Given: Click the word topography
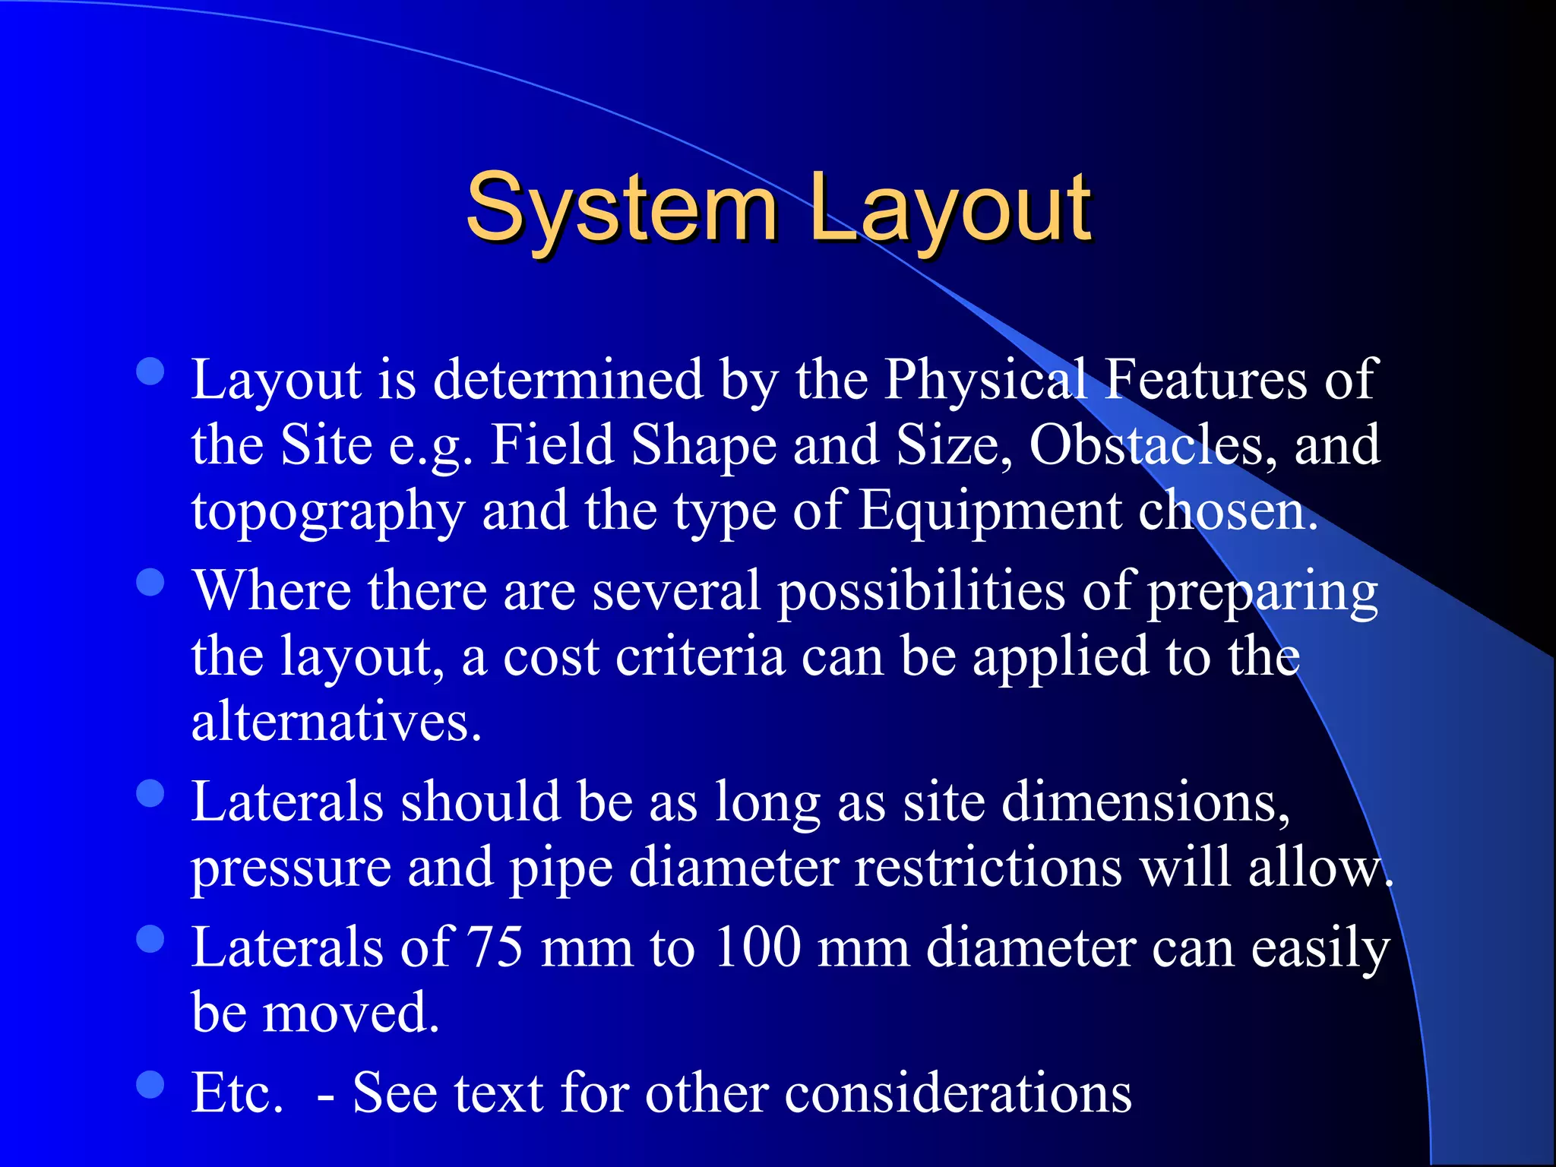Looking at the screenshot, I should pyautogui.click(x=327, y=511).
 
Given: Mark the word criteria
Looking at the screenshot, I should pyautogui.click(x=700, y=656).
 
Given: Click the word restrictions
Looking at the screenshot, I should pyautogui.click(x=988, y=868).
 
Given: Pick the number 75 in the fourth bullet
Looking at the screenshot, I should pyautogui.click(x=495, y=947).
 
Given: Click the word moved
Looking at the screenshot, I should pyautogui.click(x=350, y=1013).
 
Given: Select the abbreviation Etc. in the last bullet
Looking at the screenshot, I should pyautogui.click(x=237, y=1093).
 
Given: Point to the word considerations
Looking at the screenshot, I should pyautogui.click(x=958, y=1093).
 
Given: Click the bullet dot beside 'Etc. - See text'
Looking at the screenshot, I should pyautogui.click(x=150, y=1084).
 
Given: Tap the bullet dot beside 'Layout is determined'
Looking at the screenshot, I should pyautogui.click(x=150, y=372).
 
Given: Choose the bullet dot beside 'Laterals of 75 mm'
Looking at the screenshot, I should pyautogui.click(x=150, y=939).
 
